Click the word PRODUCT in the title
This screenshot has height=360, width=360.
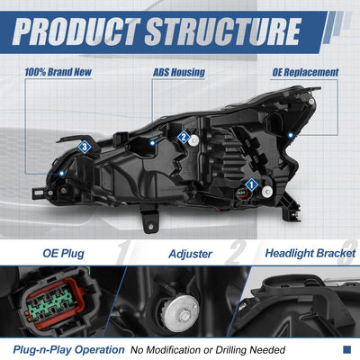[76, 31]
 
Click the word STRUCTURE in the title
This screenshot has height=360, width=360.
[223, 31]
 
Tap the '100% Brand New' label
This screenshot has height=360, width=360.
[58, 72]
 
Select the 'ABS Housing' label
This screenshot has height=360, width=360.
[179, 72]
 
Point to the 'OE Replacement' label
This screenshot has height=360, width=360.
[305, 72]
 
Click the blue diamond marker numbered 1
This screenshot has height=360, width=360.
[251, 184]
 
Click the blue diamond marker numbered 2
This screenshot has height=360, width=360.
[184, 138]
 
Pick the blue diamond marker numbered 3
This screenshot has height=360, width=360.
[85, 147]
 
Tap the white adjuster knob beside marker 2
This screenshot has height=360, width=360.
[194, 139]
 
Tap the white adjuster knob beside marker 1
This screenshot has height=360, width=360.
[266, 192]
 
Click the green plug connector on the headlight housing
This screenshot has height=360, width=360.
[241, 193]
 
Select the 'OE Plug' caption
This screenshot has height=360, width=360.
[63, 254]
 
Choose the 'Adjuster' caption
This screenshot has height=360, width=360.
[191, 254]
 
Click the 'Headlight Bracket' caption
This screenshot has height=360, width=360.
[310, 254]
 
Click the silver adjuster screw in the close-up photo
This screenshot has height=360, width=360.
[182, 313]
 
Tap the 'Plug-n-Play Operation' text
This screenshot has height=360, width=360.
[68, 350]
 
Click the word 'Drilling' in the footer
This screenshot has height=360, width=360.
[231, 350]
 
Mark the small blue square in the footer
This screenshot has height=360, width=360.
[346, 349]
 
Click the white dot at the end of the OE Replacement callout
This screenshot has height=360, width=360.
[290, 135]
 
